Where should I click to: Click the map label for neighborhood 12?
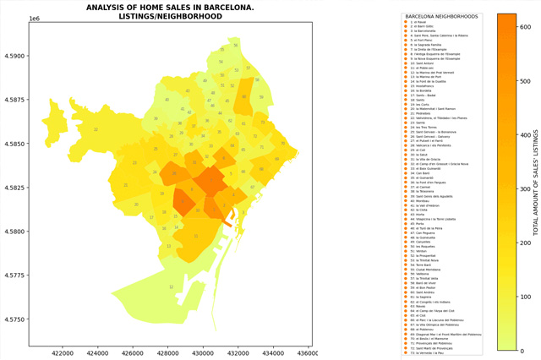pos(171,287)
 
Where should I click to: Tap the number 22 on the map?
pos(96,129)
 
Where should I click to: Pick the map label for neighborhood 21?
pos(126,185)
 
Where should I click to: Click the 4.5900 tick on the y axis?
pos(15,57)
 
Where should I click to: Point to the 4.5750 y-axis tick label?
pos(15,319)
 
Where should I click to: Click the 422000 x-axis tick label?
pos(63,352)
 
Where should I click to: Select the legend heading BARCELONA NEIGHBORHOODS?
pos(441,16)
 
